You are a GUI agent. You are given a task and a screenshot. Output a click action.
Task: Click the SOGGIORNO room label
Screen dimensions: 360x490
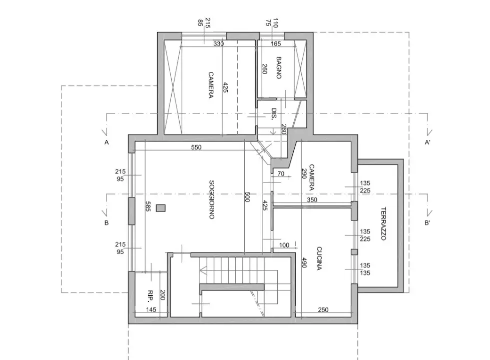pyautogui.click(x=212, y=199)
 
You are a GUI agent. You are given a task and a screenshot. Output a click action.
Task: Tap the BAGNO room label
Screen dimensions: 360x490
pyautogui.click(x=279, y=67)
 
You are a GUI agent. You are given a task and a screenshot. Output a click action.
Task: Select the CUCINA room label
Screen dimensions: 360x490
pyautogui.click(x=319, y=258)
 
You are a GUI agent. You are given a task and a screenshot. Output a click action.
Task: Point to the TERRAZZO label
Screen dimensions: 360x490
pyautogui.click(x=383, y=224)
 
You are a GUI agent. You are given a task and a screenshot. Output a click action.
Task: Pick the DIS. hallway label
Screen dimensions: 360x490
pyautogui.click(x=274, y=114)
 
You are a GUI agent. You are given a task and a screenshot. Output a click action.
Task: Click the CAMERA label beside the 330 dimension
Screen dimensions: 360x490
pyautogui.click(x=211, y=85)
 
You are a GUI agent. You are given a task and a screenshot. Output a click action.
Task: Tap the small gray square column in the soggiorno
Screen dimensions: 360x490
pyautogui.click(x=161, y=208)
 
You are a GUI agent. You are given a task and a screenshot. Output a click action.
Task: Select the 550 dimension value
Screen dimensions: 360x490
pyautogui.click(x=197, y=148)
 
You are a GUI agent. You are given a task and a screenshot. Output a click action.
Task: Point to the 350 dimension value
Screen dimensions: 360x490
pyautogui.click(x=312, y=200)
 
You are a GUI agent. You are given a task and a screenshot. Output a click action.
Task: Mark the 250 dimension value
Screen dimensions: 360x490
pyautogui.click(x=323, y=310)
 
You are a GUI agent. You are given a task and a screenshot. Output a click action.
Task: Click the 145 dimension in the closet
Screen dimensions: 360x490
pyautogui.click(x=151, y=310)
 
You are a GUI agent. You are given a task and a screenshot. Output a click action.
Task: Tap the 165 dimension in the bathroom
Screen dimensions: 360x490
pyautogui.click(x=276, y=44)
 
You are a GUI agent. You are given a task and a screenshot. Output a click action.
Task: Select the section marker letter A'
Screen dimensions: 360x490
pyautogui.click(x=428, y=142)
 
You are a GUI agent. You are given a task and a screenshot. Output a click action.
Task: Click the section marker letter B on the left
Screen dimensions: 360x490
pyautogui.click(x=107, y=223)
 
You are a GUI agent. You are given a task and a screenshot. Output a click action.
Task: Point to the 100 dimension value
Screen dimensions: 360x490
pyautogui.click(x=284, y=245)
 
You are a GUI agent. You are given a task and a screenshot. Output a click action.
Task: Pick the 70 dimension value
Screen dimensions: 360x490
pyautogui.click(x=280, y=174)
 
